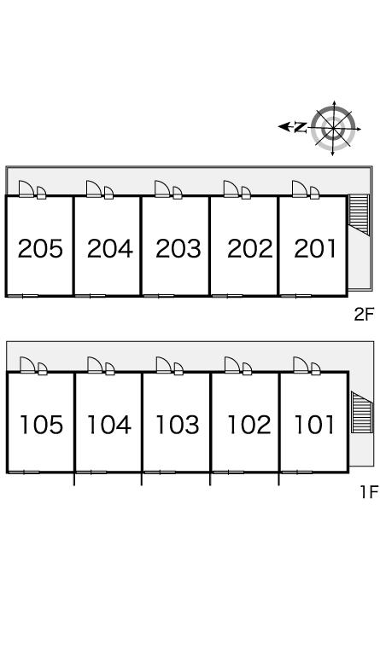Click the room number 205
tap(40, 248)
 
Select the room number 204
tap(110, 248)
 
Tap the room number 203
tap(178, 248)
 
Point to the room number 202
tap(249, 248)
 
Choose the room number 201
tap(315, 248)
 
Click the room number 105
tap(41, 425)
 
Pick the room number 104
tap(109, 425)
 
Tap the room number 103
tap(178, 425)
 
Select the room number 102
tap(249, 425)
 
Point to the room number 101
tap(315, 425)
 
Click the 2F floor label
tap(363, 314)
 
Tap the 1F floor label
tap(369, 491)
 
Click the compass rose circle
tap(333, 128)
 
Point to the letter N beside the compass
tap(300, 127)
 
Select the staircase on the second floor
tap(359, 214)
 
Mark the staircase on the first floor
tap(361, 412)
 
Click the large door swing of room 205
tap(26, 188)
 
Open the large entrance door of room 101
tap(301, 365)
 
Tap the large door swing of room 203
tap(162, 188)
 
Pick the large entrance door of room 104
tap(95, 365)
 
